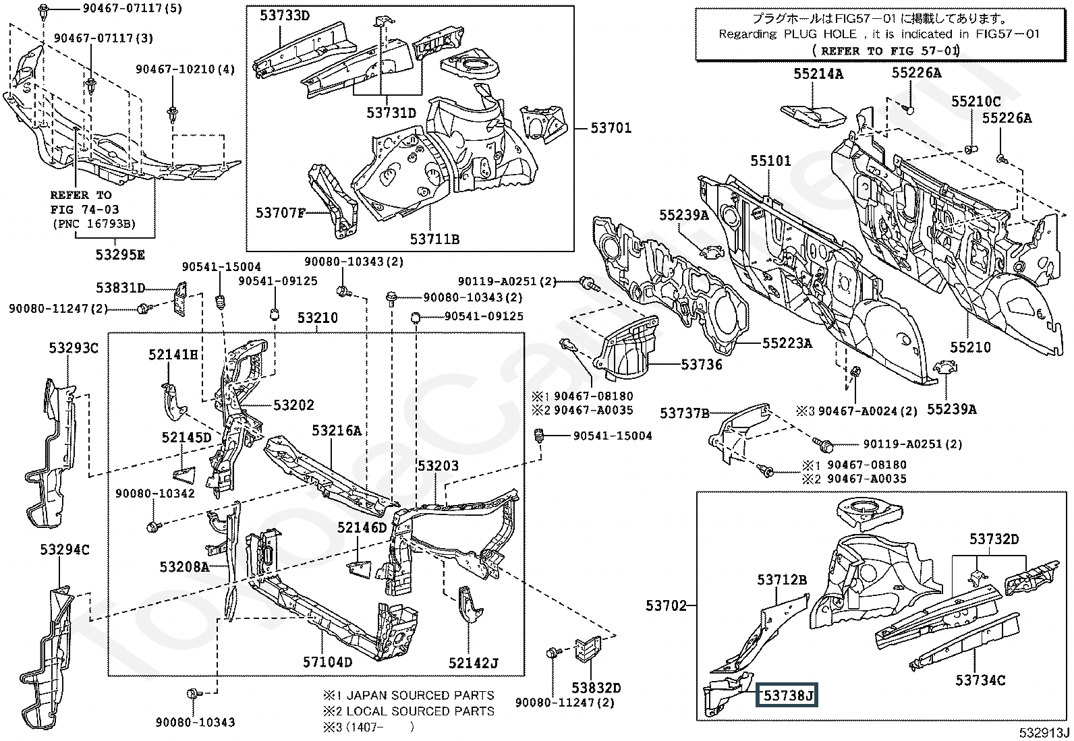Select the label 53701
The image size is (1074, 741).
[611, 127]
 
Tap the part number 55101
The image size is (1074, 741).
[770, 161]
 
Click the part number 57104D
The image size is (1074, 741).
[327, 662]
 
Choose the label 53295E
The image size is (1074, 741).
[120, 255]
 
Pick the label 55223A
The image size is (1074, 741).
[787, 343]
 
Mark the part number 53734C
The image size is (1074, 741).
[980, 680]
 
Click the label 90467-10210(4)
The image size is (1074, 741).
[186, 69]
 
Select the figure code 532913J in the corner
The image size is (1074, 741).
[1044, 732]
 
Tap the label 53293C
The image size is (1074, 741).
[74, 349]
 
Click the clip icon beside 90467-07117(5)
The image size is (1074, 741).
[43, 10]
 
